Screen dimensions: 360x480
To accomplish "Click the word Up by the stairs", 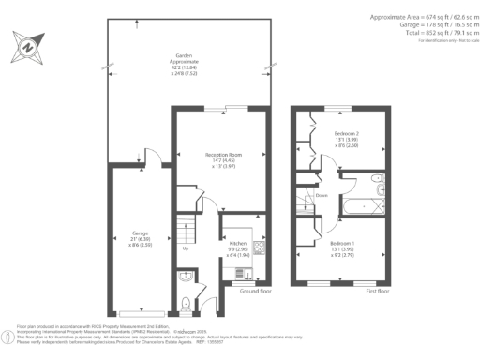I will tap(185, 248).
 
